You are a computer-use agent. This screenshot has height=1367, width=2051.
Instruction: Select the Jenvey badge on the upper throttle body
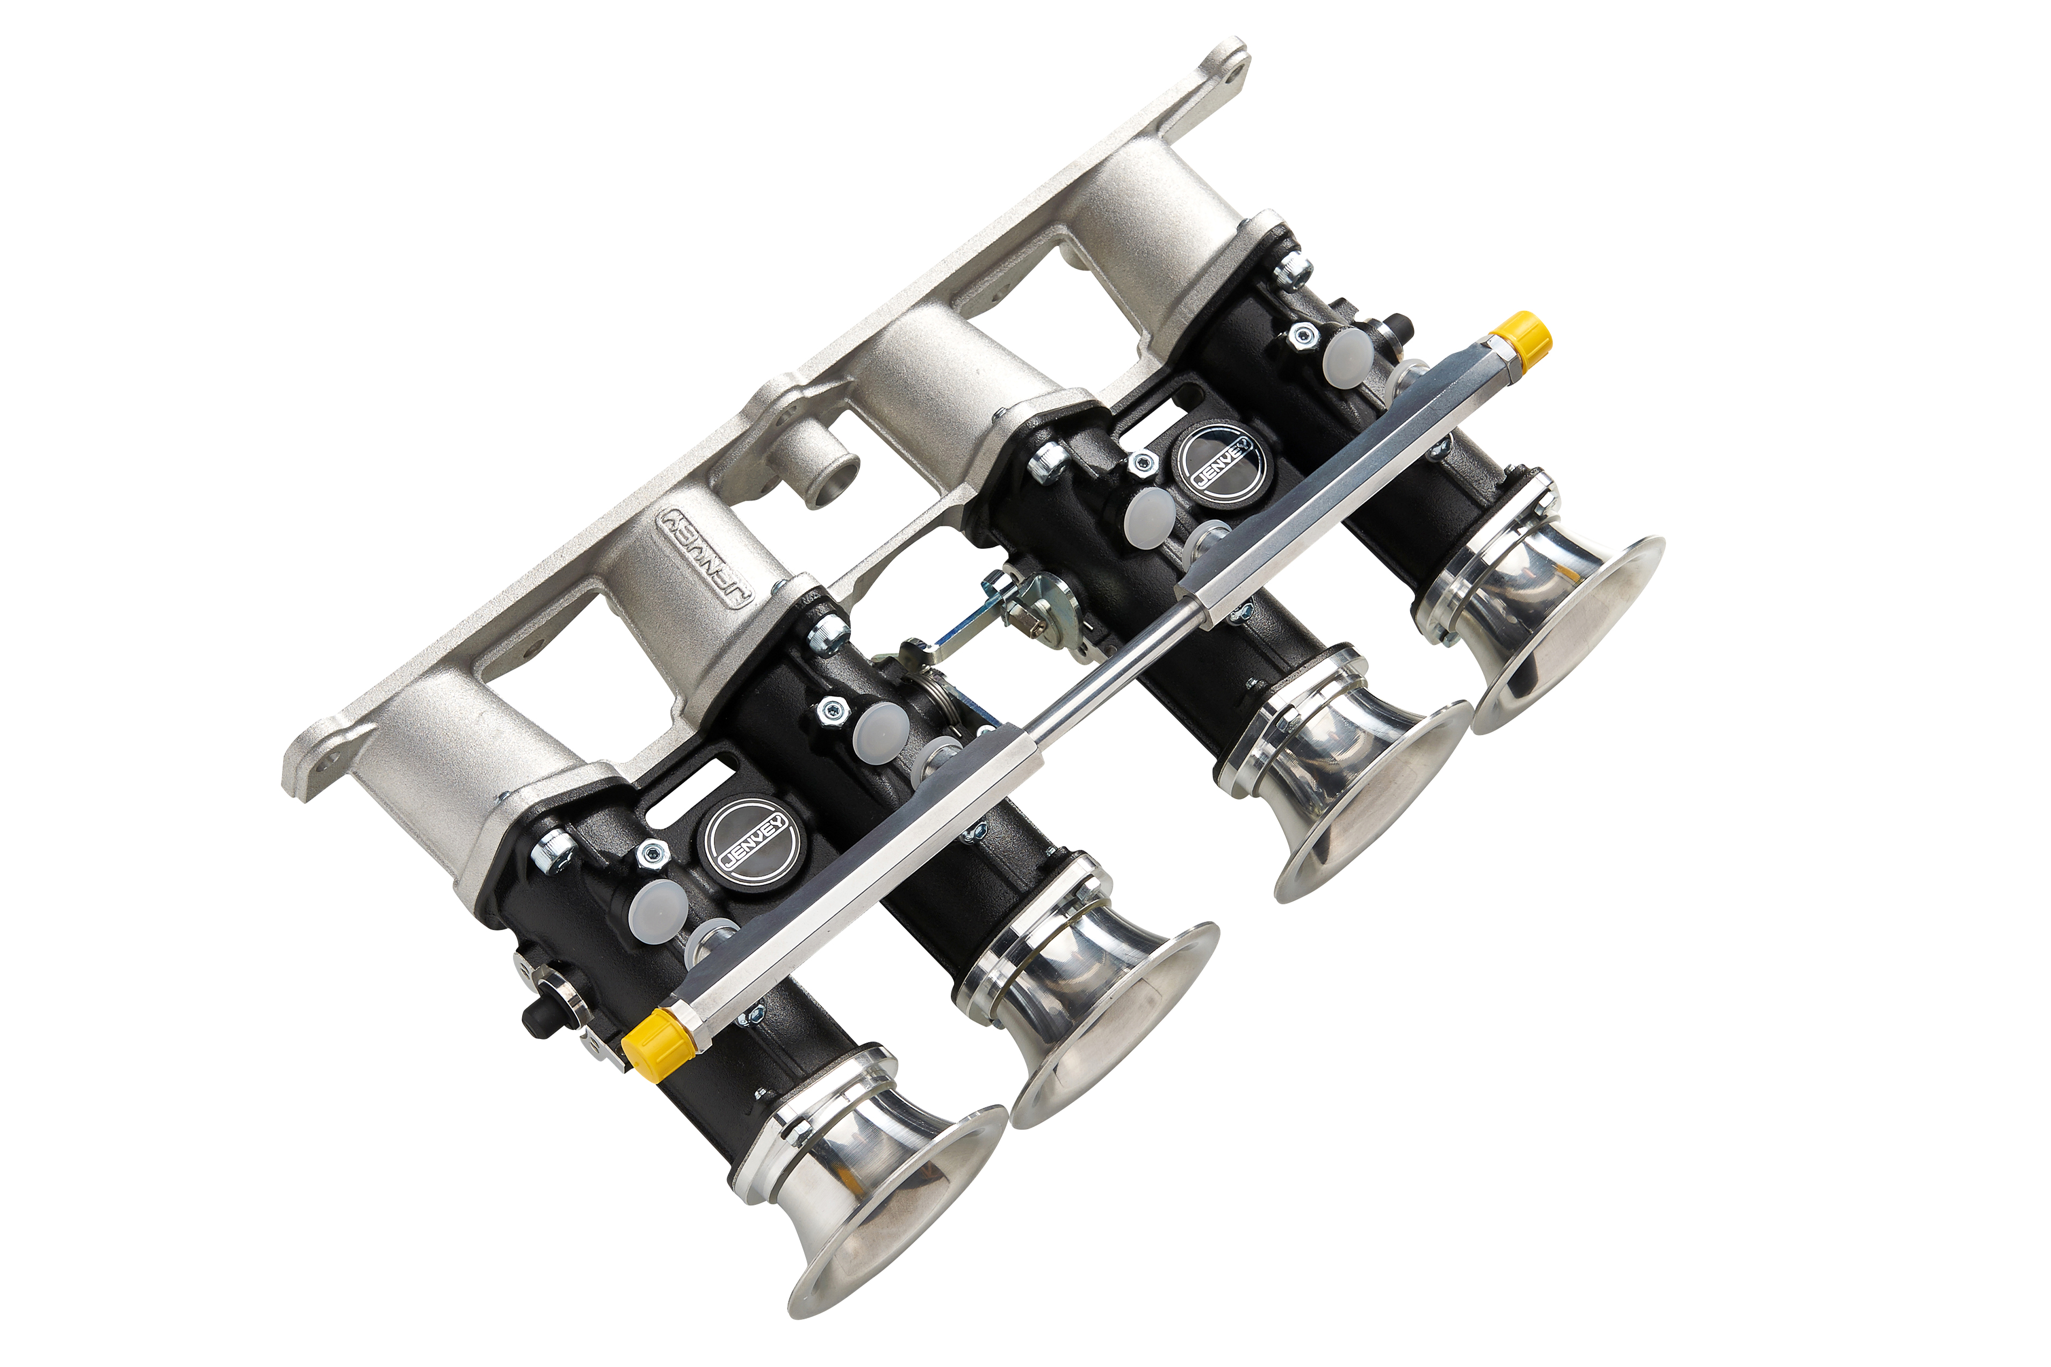1221,461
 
